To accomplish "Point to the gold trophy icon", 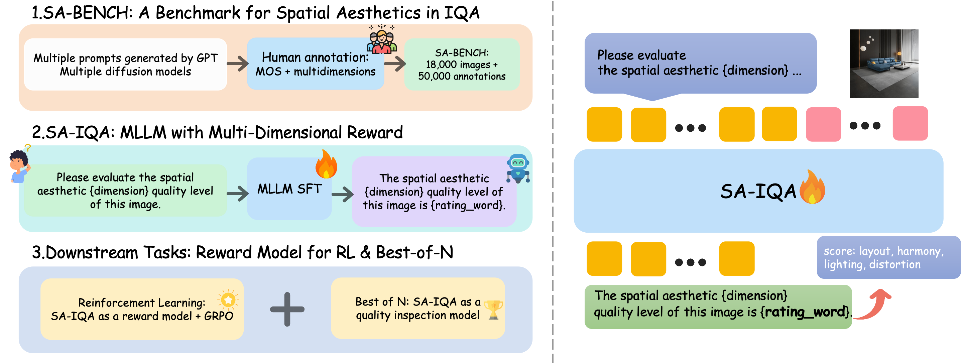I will (x=493, y=309).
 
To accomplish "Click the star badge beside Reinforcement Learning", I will (x=228, y=299).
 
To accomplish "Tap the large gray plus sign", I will (x=287, y=309).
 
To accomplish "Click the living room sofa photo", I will (x=883, y=64).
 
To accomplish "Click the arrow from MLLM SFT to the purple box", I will (x=342, y=194).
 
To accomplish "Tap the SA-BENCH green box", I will (x=462, y=64).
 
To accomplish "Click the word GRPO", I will (x=218, y=316).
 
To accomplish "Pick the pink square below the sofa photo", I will (x=910, y=123).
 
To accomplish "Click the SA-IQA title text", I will (x=758, y=192).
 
